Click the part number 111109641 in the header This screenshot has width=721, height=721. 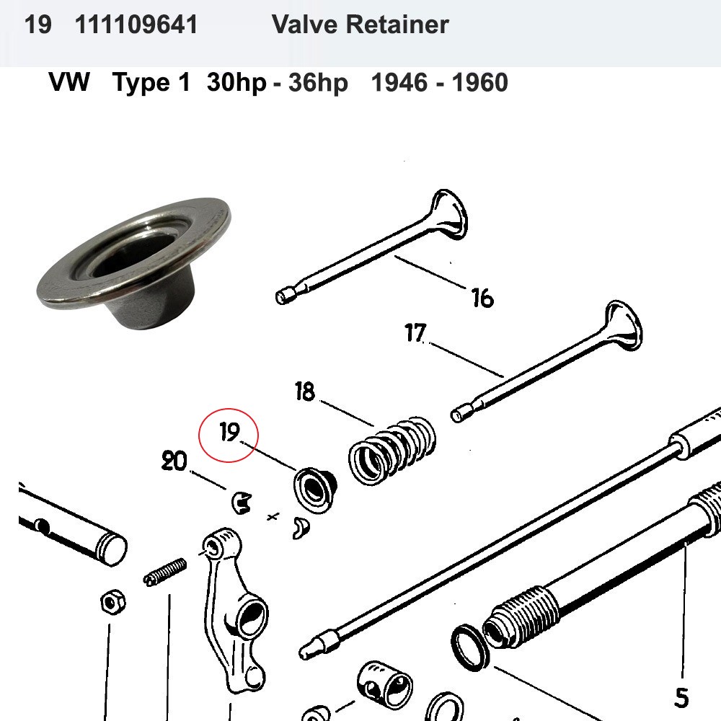coord(136,25)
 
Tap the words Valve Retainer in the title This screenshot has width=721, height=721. coord(360,25)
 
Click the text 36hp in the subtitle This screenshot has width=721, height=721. coord(318,83)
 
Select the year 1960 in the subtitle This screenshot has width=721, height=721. coord(479,83)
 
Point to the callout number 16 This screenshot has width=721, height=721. coord(482,297)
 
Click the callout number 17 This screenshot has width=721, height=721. coord(415,334)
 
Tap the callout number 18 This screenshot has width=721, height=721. coord(305,393)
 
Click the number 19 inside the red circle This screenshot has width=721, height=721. coord(229,433)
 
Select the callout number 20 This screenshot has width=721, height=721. coord(174,461)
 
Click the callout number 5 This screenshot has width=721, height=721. coord(681,697)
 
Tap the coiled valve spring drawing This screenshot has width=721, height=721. coord(393,449)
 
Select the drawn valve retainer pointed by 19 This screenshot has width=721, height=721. coord(313,490)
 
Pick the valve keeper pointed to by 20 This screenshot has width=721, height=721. coord(242,501)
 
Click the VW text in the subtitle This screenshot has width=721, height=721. coord(69,83)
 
